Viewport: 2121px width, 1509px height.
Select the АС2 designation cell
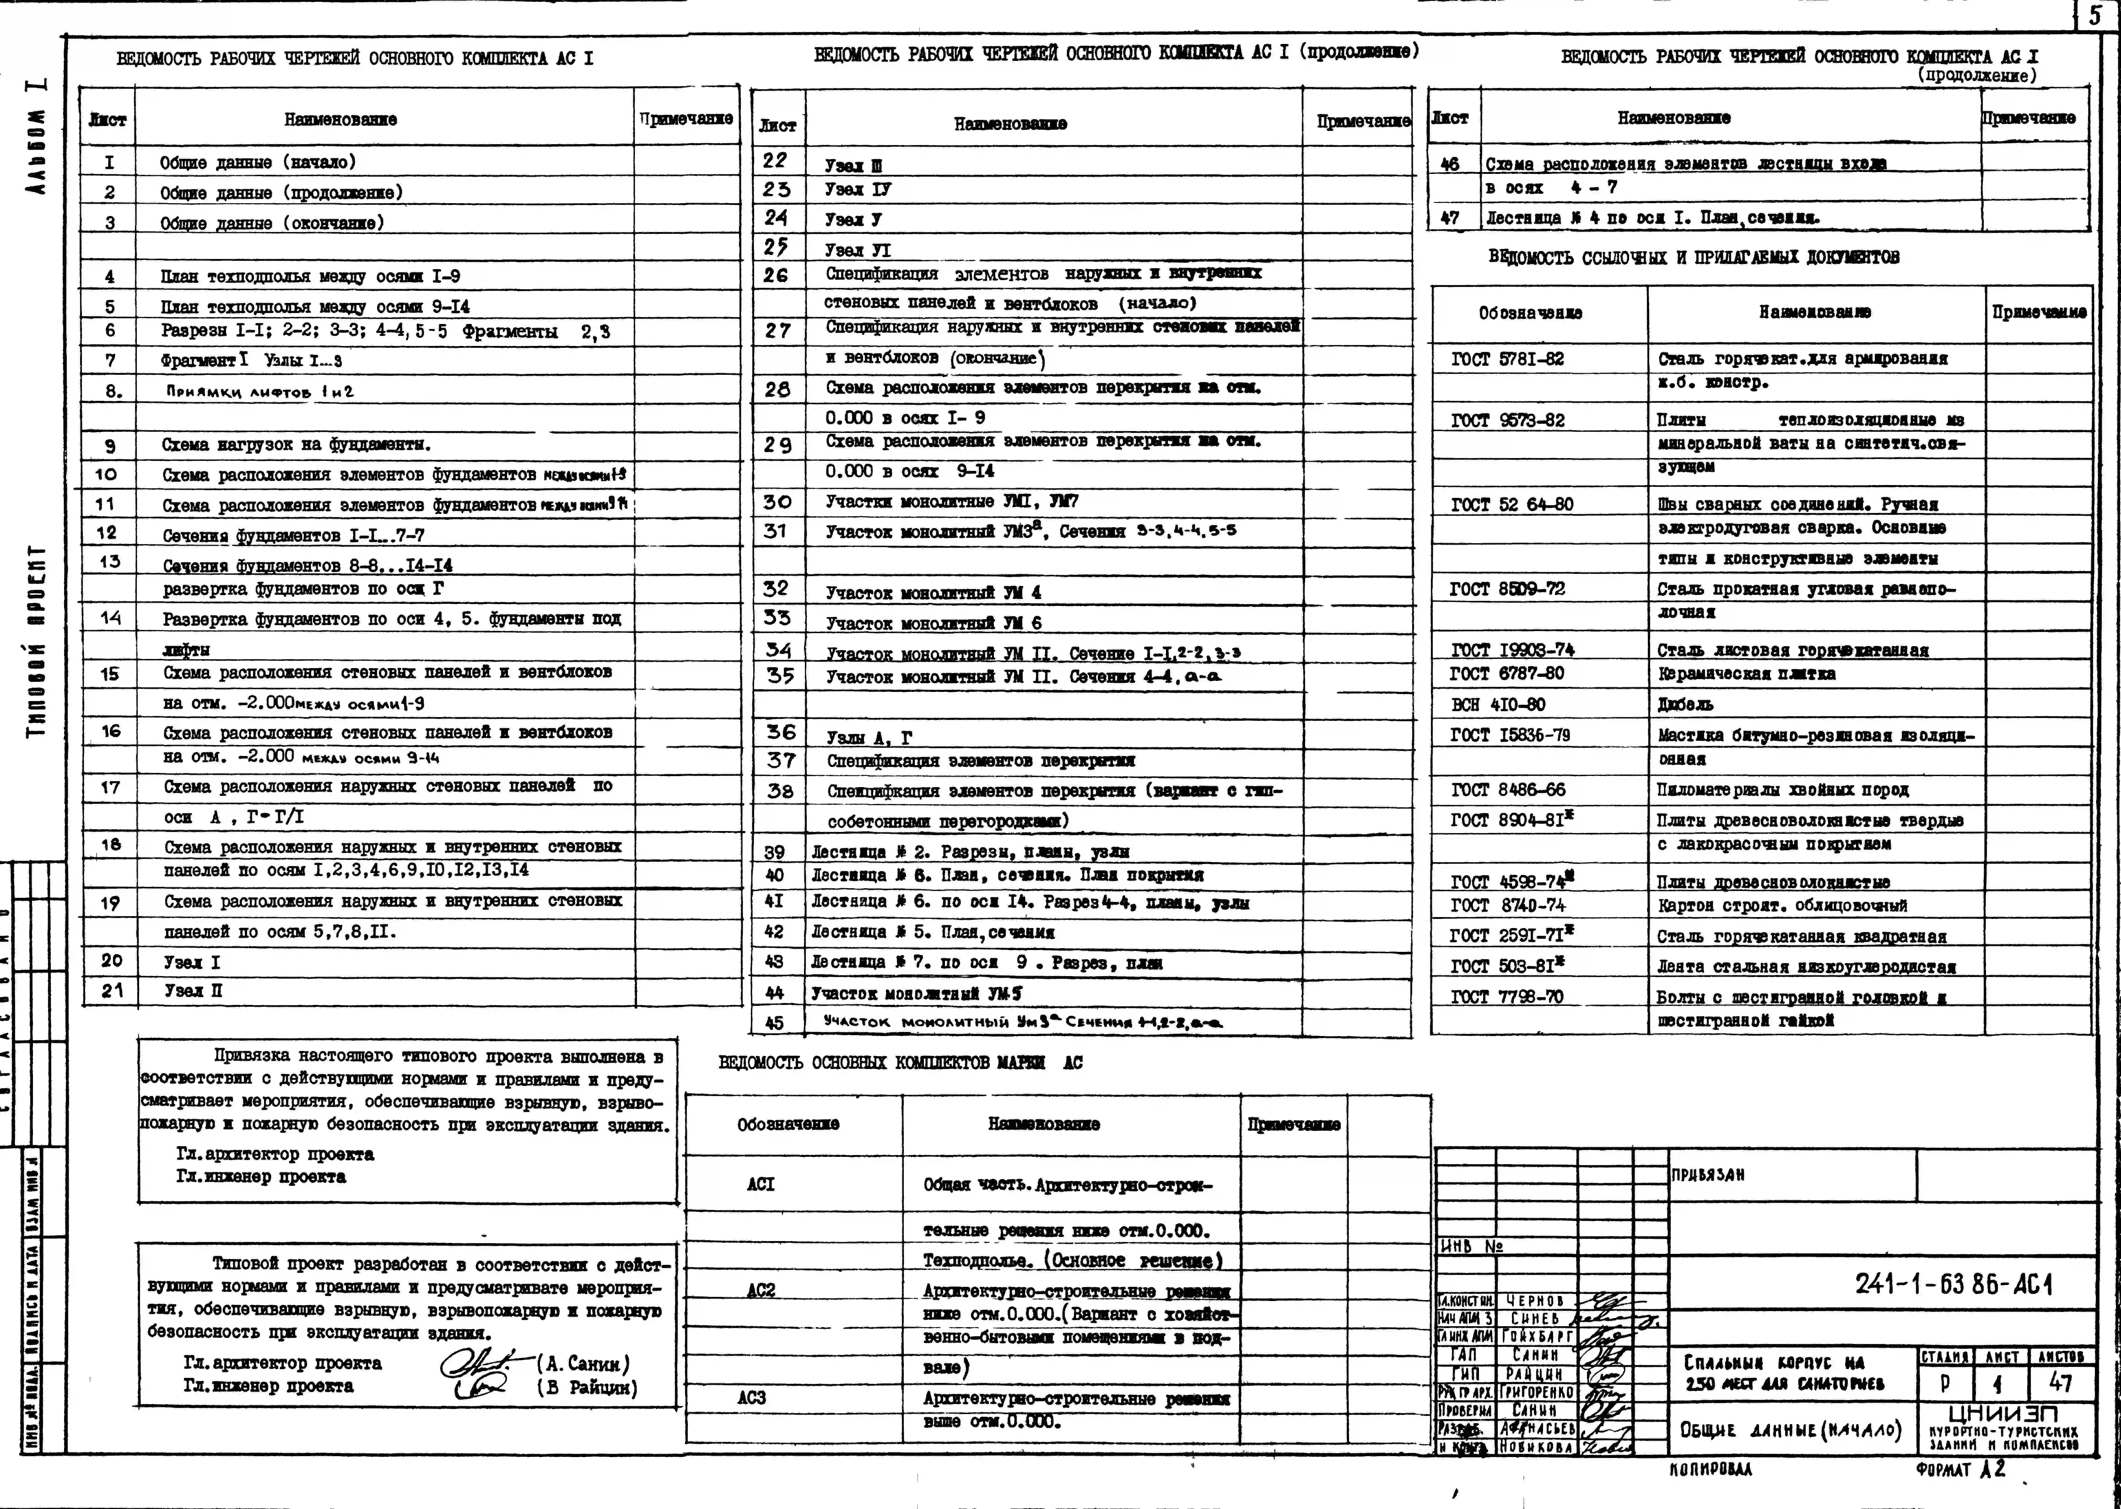pos(760,1290)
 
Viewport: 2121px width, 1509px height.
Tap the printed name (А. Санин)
pos(583,1364)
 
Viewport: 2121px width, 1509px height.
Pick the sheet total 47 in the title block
pos(2061,1384)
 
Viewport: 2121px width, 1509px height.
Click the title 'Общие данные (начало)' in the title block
pos(1790,1429)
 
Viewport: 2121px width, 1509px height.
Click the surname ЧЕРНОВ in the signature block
pos(1535,1301)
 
